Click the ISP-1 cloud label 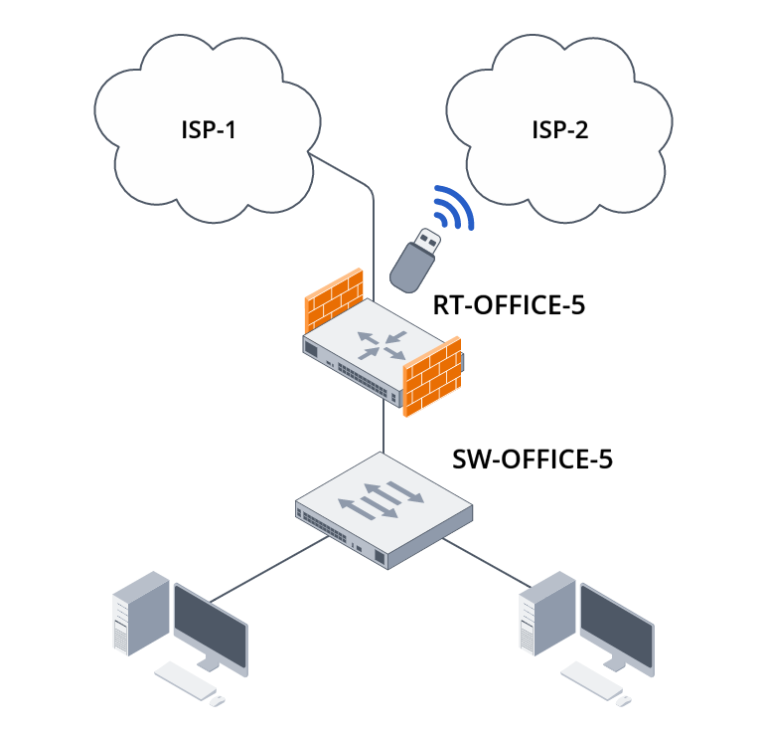point(207,129)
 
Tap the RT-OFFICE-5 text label point(509,305)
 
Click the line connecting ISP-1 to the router point(373,229)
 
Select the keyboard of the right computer point(590,678)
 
